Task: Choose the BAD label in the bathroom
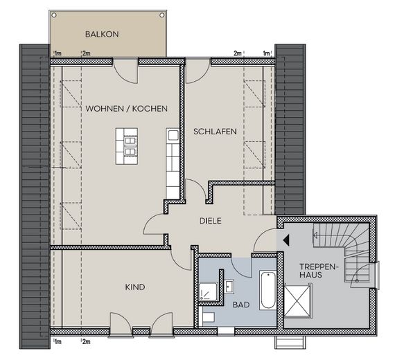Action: pyautogui.click(x=241, y=304)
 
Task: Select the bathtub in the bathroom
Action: pyautogui.click(x=267, y=290)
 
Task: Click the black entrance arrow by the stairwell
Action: pyautogui.click(x=286, y=240)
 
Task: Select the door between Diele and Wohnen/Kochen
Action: pyautogui.click(x=154, y=225)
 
